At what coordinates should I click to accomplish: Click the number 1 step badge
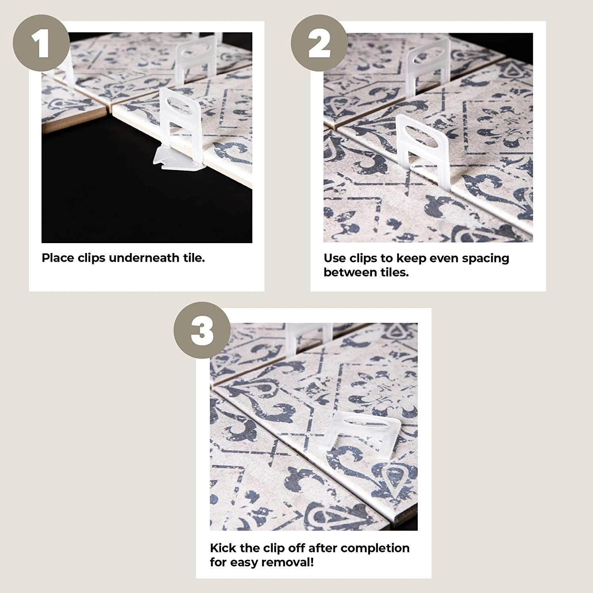(x=42, y=44)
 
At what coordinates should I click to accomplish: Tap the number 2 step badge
(x=319, y=44)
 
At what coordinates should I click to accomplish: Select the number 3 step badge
(x=203, y=330)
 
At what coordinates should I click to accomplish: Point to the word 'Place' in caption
(x=58, y=258)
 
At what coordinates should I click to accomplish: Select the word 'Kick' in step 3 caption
(x=223, y=548)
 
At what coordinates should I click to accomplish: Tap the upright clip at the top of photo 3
(x=308, y=336)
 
